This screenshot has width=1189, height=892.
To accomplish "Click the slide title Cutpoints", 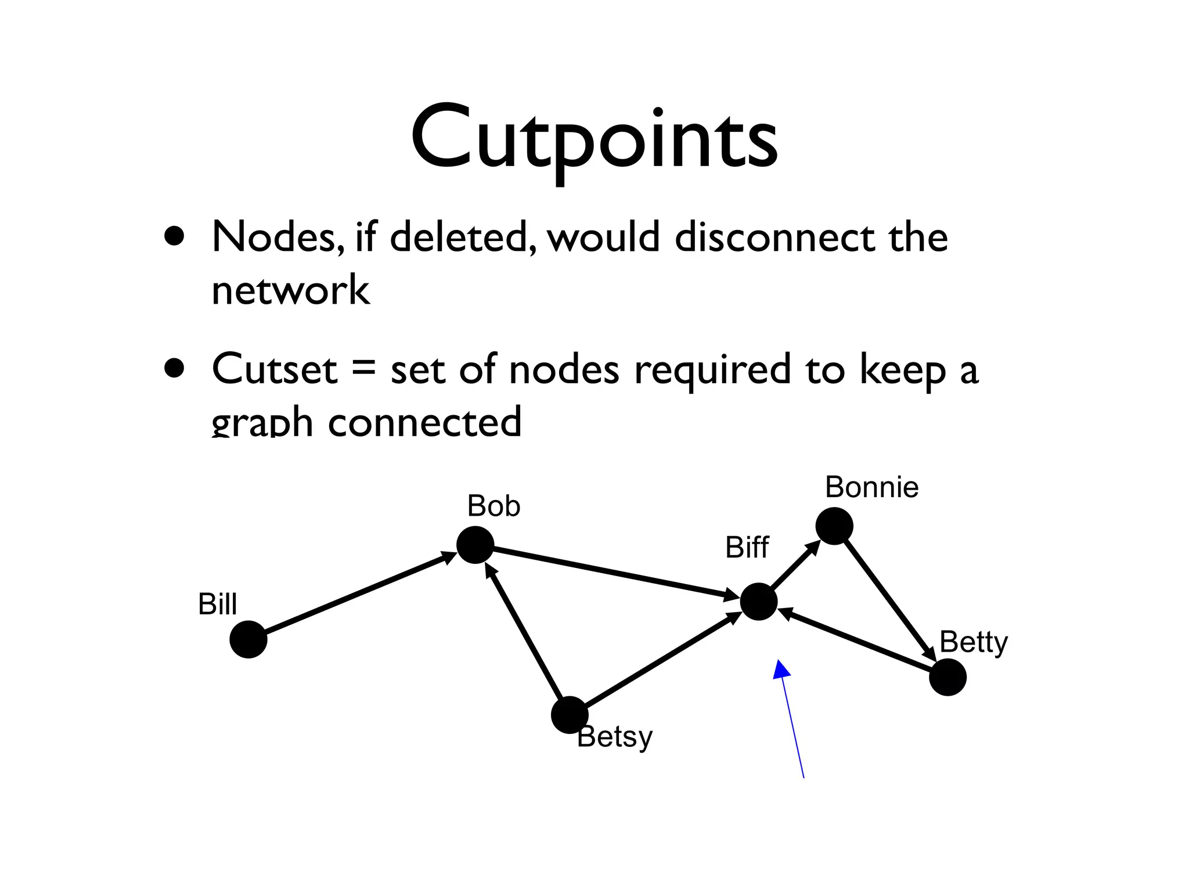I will click(x=594, y=139).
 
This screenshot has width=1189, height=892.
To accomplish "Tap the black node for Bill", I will click(x=248, y=639).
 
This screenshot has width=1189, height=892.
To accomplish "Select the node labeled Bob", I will click(x=475, y=545).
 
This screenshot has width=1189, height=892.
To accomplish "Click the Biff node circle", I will click(x=758, y=602).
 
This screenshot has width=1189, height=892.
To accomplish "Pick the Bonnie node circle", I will click(x=834, y=526).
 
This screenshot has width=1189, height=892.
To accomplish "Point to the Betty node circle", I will click(x=947, y=677).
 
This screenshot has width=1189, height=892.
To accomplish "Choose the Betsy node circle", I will click(x=569, y=715).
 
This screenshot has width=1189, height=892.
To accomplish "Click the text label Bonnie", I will click(x=871, y=487).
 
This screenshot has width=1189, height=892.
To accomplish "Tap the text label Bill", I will click(x=217, y=604).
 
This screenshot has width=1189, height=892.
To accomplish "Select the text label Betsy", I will click(x=615, y=737).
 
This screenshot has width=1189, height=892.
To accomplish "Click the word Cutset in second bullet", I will click(x=274, y=369).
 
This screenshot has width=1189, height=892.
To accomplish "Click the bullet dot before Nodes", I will click(x=174, y=236).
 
